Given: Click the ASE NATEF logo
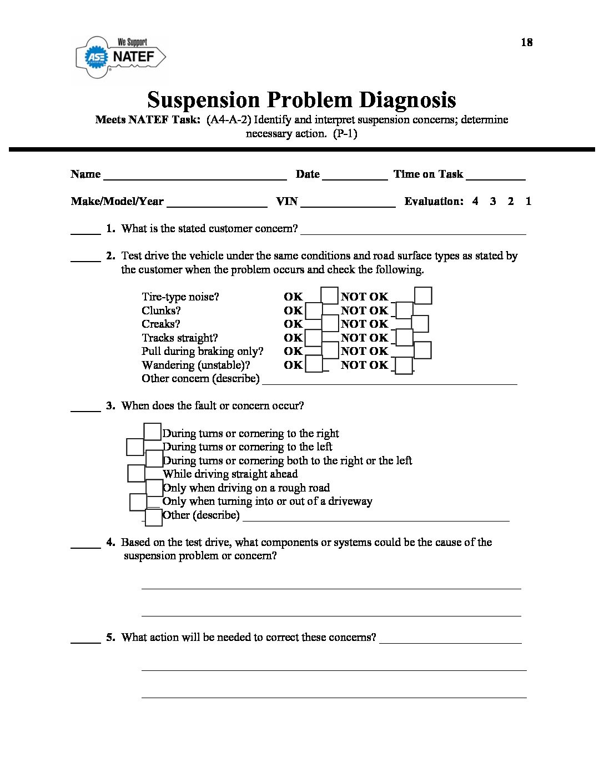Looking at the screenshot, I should pyautogui.click(x=120, y=57).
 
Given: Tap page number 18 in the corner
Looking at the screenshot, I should pyautogui.click(x=526, y=42).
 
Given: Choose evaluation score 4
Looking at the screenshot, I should pyautogui.click(x=475, y=202).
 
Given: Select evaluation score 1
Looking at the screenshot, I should pyautogui.click(x=528, y=202).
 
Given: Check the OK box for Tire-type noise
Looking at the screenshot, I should pyautogui.click(x=329, y=295).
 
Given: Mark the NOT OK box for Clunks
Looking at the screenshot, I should pyautogui.click(x=404, y=310).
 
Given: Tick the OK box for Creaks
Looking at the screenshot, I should pyautogui.click(x=329, y=323).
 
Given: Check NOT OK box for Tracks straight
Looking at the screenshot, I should pyautogui.click(x=404, y=337).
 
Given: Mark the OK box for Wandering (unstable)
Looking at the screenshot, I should pyautogui.click(x=314, y=364).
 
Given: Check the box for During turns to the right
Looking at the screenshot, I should pyautogui.click(x=152, y=432).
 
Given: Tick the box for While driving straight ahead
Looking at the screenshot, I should pyautogui.click(x=136, y=473).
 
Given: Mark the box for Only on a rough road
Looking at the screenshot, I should pyautogui.click(x=154, y=488).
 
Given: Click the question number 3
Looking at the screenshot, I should pyautogui.click(x=110, y=406).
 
